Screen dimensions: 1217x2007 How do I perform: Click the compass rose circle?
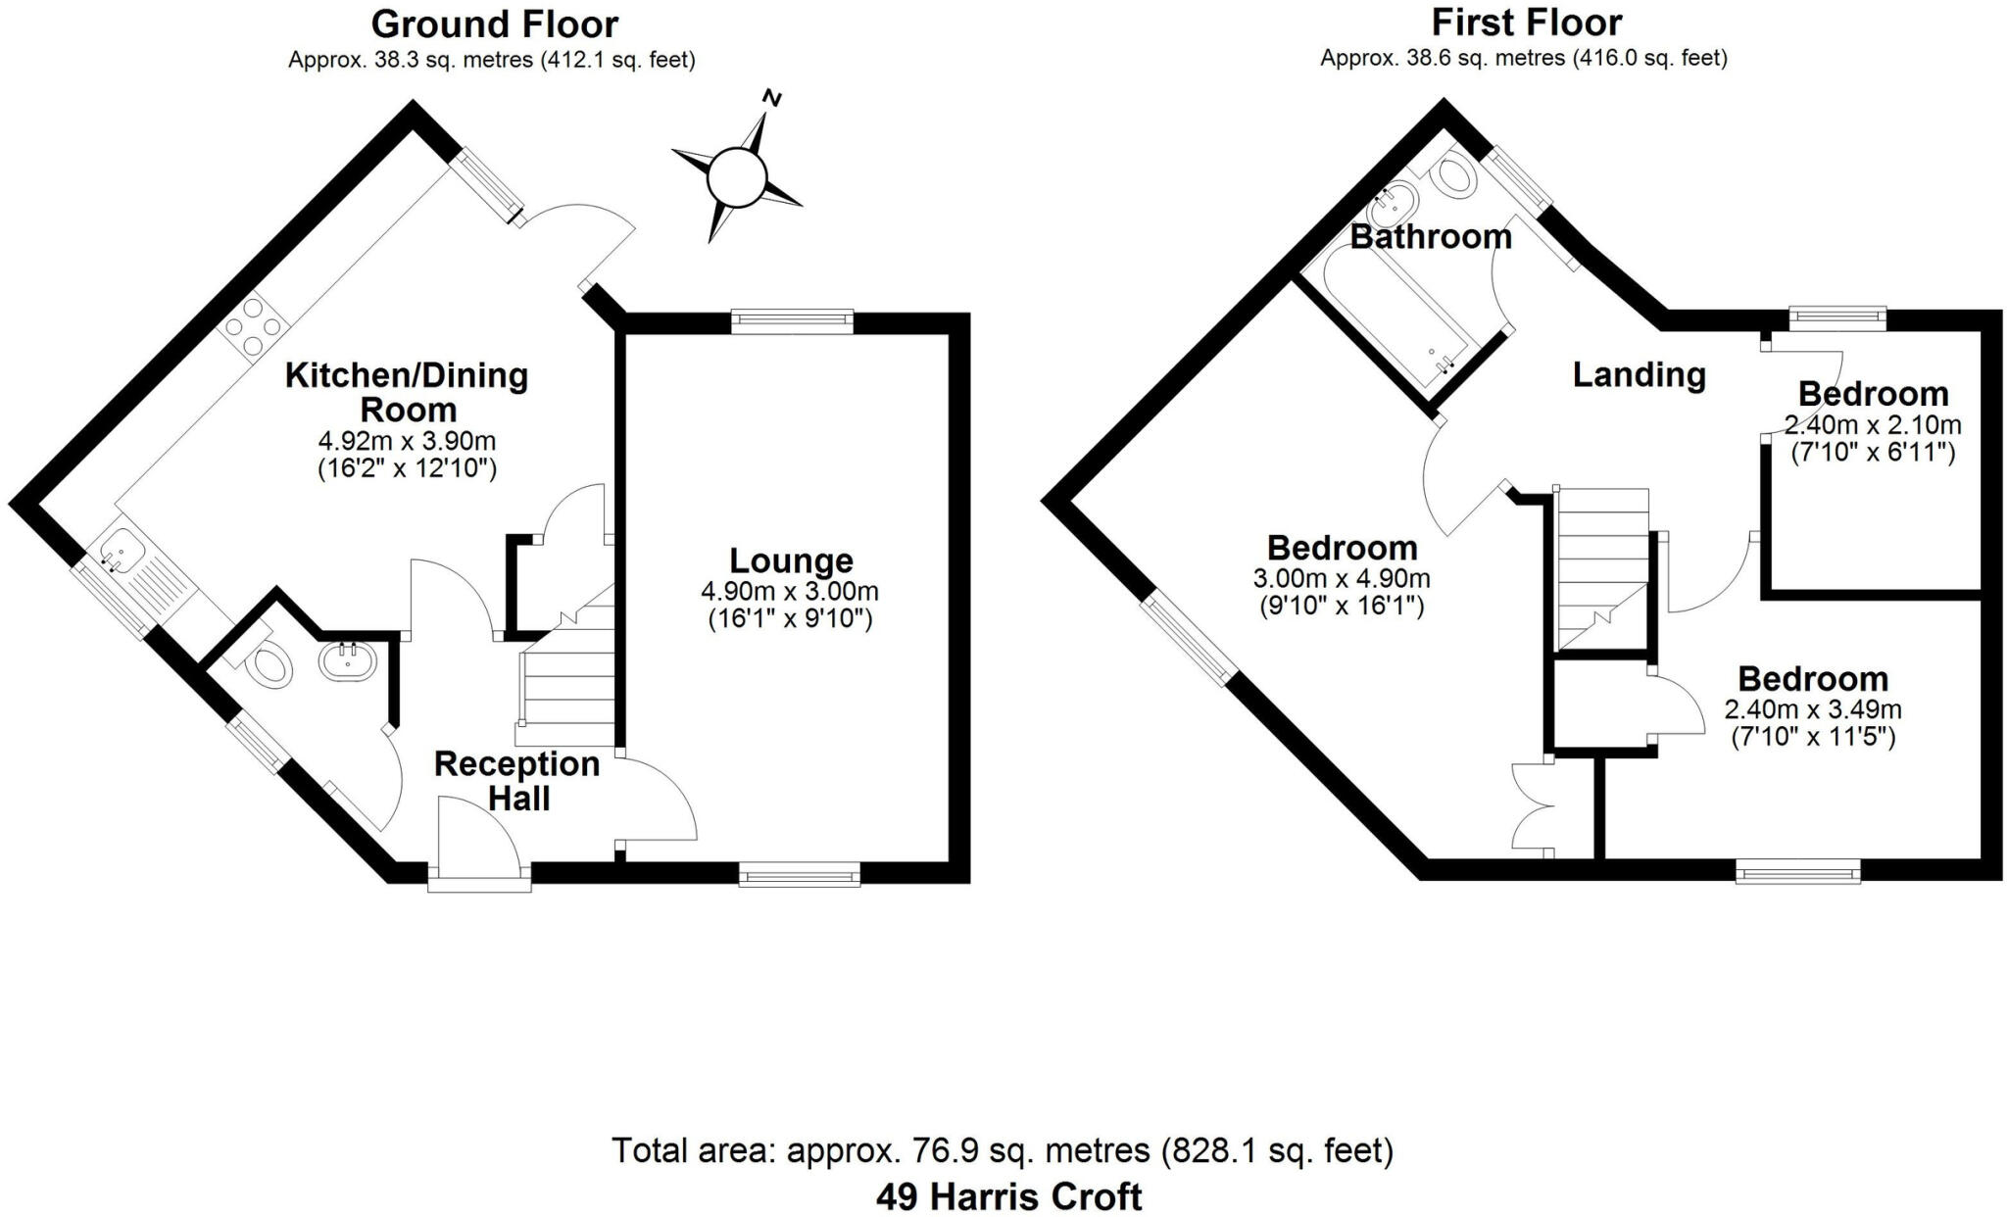point(735,177)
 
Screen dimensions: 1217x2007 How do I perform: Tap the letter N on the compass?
point(773,98)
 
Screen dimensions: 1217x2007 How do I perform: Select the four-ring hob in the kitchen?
point(253,324)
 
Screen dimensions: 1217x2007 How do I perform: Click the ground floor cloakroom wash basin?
point(348,660)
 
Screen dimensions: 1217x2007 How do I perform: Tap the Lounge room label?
point(791,560)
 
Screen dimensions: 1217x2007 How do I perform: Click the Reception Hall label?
point(517,781)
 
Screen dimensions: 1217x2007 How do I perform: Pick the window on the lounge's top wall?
point(792,320)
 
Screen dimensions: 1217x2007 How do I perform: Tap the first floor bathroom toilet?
point(1453,178)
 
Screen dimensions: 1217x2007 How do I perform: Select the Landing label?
point(1639,374)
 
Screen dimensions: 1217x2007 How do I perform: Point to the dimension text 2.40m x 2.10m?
point(1872,425)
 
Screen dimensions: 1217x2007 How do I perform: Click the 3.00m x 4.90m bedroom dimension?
point(1341,578)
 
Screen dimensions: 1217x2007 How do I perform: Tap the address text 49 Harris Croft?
point(1008,1196)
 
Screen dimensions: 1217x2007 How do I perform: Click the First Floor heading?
point(1527,22)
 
